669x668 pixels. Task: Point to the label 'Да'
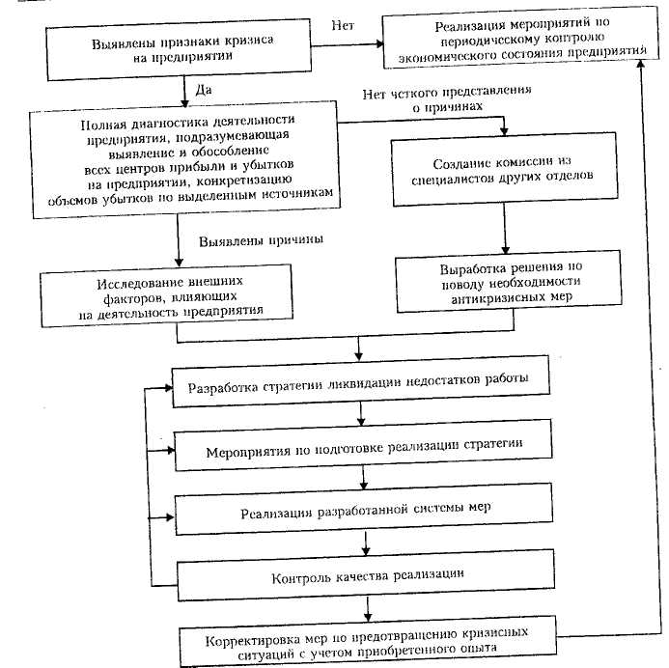(x=204, y=90)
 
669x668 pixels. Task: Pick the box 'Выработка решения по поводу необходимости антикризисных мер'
(x=504, y=281)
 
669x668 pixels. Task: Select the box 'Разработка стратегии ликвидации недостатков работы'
(x=363, y=380)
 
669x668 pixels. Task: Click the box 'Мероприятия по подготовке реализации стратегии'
(x=363, y=451)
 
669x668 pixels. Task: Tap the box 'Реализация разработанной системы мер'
(x=363, y=511)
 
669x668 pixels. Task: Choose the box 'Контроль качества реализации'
(x=363, y=575)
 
